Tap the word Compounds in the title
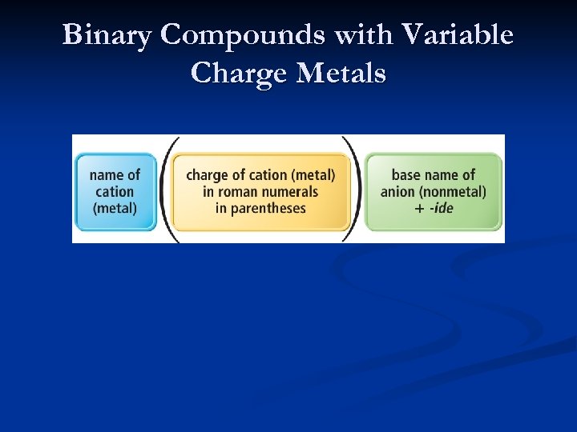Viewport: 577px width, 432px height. coord(240,35)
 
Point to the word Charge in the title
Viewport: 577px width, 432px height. coord(240,74)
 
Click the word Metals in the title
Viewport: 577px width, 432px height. coord(341,74)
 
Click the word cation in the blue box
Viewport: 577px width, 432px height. coord(115,191)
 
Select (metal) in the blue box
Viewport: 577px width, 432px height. coord(115,208)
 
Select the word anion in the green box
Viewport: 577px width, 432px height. coord(397,191)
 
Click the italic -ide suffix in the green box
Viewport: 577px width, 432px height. coord(441,208)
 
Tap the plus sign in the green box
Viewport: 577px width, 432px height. coord(419,208)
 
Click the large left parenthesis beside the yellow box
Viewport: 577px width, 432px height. coord(165,189)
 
